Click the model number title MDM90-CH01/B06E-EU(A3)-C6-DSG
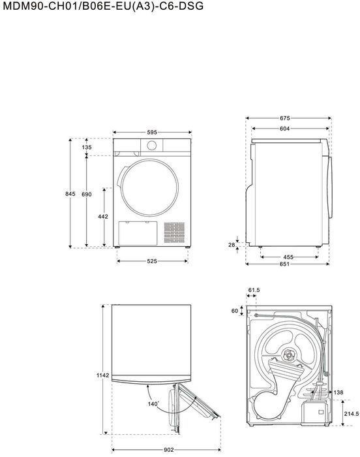(92, 7)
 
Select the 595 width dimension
(151, 132)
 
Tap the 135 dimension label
(87, 148)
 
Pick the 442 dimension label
(102, 216)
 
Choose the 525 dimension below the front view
(151, 261)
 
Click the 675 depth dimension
(285, 118)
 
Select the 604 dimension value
(285, 129)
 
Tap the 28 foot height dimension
(232, 245)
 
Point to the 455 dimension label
(288, 257)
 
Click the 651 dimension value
(285, 264)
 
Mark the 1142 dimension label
(102, 376)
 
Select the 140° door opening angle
(153, 405)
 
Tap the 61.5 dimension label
(254, 290)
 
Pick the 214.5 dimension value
(350, 413)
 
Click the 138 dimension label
(338, 392)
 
